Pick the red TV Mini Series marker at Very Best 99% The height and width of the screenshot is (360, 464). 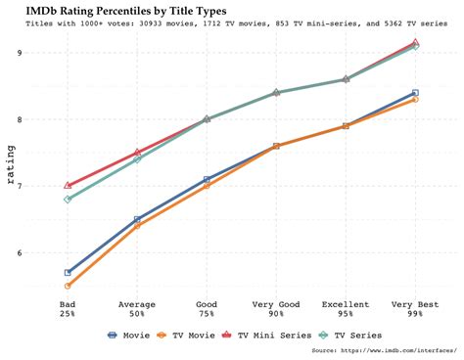(x=415, y=42)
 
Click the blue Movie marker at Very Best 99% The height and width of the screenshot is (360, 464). (x=415, y=93)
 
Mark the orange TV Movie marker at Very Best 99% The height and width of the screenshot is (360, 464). (x=415, y=100)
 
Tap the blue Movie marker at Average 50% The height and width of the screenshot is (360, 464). (x=138, y=219)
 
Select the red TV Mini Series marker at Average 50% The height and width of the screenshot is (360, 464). (x=138, y=152)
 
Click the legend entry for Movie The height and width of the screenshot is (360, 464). (x=125, y=335)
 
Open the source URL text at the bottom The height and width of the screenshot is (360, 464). (x=382, y=350)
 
